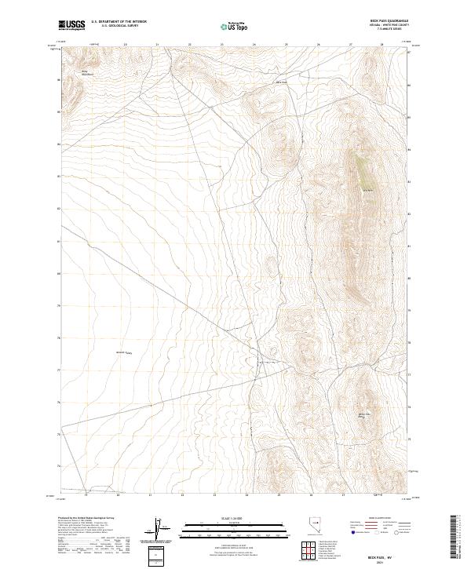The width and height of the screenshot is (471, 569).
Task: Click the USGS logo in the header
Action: pyautogui.click(x=73, y=26)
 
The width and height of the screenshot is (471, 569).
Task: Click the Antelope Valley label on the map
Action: pyautogui.click(x=125, y=352)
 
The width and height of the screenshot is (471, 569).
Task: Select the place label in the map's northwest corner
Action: pyautogui.click(x=87, y=74)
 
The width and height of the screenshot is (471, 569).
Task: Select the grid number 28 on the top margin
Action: pyautogui.click(x=382, y=45)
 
